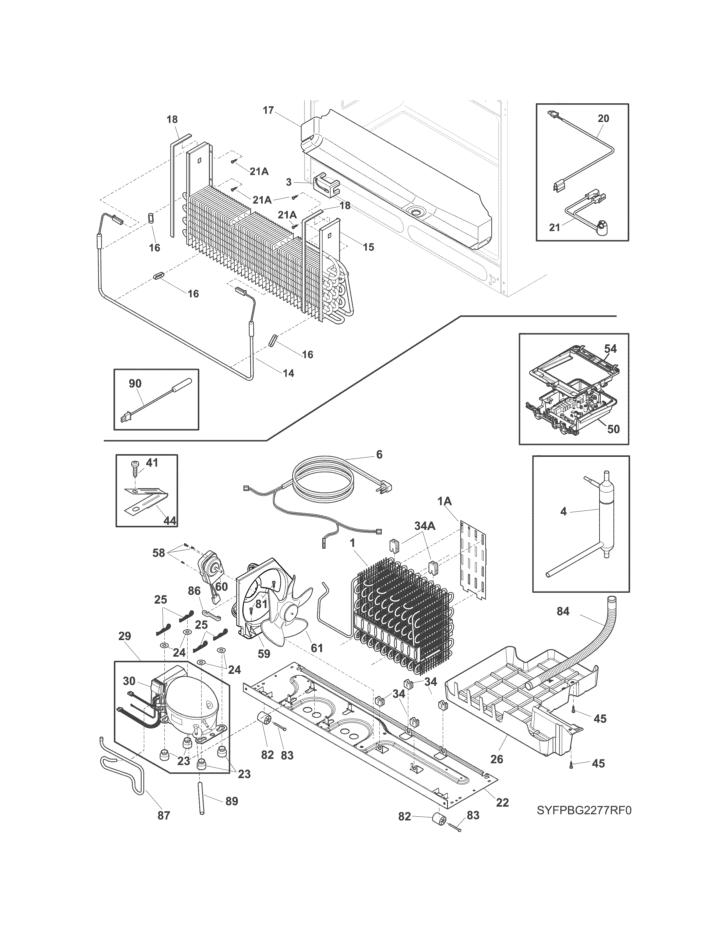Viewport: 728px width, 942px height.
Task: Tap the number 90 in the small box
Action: [x=135, y=383]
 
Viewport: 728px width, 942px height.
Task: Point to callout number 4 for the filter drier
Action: [x=563, y=512]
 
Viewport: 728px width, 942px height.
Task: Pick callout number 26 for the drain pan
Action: [x=497, y=759]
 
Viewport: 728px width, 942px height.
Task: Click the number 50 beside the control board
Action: [x=613, y=429]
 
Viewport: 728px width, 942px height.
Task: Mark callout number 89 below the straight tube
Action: [x=232, y=801]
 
